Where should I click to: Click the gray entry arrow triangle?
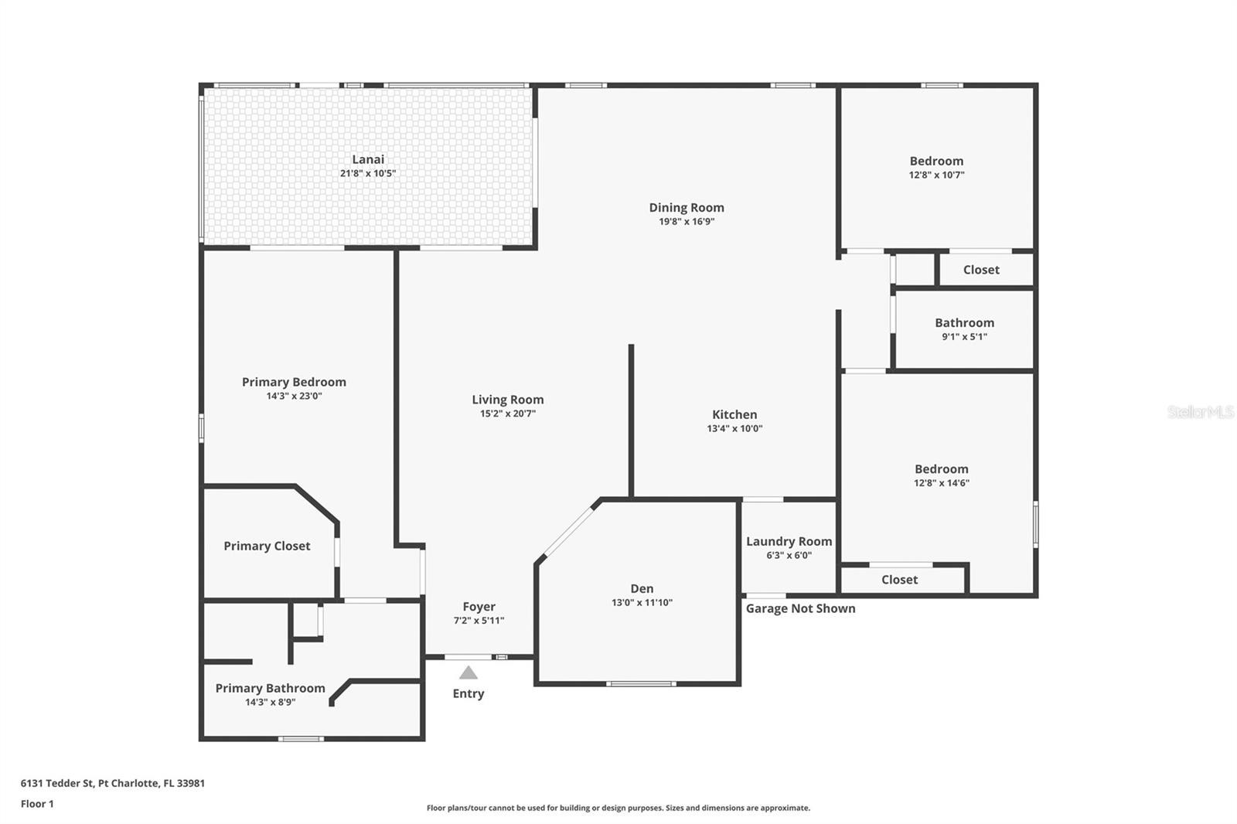point(469,672)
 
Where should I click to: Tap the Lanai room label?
point(368,159)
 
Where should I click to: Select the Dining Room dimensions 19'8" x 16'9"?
point(687,222)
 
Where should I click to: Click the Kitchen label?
point(734,414)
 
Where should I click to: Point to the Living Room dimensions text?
point(507,413)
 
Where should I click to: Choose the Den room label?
point(642,589)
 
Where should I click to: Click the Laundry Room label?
point(789,542)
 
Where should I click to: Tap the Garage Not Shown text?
point(801,608)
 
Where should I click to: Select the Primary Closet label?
point(267,546)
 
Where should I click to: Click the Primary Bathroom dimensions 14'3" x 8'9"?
point(270,703)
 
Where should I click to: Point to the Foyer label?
point(479,607)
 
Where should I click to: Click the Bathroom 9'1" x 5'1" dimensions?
point(964,337)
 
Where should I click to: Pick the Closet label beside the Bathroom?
point(981,270)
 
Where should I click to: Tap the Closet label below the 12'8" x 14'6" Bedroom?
point(900,580)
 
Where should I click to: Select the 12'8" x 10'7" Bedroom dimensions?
point(936,175)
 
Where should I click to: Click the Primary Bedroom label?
point(294,382)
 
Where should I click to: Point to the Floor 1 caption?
point(37,804)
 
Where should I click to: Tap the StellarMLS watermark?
point(1201,412)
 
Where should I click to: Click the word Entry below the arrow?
point(469,694)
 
